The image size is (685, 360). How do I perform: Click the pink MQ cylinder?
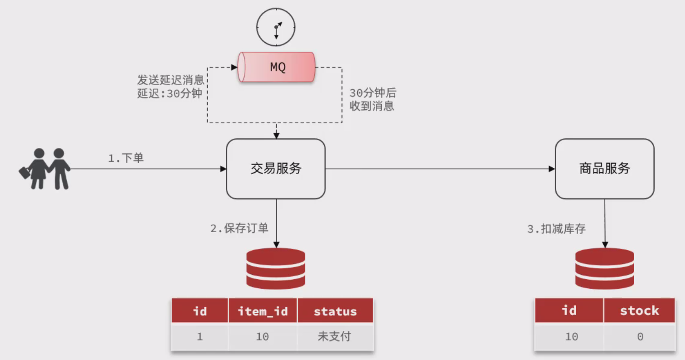coord(277,67)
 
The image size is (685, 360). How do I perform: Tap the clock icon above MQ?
coord(276,27)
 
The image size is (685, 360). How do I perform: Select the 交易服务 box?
coord(276,169)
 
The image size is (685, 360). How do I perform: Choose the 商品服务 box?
coord(604,169)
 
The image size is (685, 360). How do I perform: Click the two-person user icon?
coord(45,169)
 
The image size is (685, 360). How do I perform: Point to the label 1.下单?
coord(126,158)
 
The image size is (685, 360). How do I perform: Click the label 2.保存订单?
coord(239,228)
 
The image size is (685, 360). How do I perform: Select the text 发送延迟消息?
coord(170,81)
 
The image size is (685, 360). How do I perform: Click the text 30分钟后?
coord(373,93)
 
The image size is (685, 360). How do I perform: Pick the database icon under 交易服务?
coord(276,268)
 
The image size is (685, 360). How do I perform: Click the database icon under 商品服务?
coord(604,268)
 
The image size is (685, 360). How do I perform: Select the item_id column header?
coord(262,311)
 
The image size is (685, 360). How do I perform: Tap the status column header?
coord(335,311)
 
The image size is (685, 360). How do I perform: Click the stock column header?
coord(639,311)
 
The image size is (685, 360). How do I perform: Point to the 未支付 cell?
coord(335,337)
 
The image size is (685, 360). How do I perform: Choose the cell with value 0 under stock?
coord(640,337)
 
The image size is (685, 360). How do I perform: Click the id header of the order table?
coord(199,311)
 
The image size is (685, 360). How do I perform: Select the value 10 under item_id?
coord(262,337)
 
